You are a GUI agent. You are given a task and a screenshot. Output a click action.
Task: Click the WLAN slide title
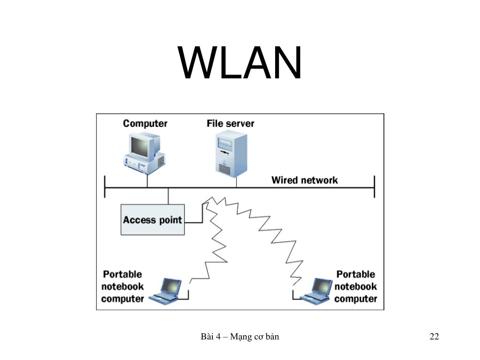click(240, 63)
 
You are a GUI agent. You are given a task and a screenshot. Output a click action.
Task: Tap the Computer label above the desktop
click(145, 123)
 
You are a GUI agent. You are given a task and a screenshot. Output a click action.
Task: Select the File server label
click(230, 123)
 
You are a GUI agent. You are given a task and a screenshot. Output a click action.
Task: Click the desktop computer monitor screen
click(140, 146)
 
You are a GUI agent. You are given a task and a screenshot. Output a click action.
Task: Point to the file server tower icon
click(231, 154)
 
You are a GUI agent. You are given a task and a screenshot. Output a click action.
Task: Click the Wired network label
click(305, 180)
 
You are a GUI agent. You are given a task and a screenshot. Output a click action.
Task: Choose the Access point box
click(153, 220)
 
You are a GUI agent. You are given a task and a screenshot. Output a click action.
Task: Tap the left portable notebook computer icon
click(165, 290)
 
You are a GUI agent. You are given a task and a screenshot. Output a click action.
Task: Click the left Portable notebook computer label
click(122, 286)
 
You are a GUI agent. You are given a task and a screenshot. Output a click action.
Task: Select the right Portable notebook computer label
click(356, 286)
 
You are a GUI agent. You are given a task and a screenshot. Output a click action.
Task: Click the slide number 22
click(435, 337)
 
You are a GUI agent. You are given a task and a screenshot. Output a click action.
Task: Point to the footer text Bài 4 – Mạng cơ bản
click(240, 337)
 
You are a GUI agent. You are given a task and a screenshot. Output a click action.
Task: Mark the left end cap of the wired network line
click(105, 187)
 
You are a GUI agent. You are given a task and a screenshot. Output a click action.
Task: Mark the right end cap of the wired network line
click(375, 187)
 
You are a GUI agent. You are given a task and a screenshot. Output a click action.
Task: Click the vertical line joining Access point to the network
click(168, 196)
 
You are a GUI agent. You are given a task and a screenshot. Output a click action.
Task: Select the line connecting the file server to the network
click(236, 182)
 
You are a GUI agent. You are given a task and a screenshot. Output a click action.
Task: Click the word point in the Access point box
click(171, 220)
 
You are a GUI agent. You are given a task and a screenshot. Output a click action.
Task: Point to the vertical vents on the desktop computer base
click(161, 161)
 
